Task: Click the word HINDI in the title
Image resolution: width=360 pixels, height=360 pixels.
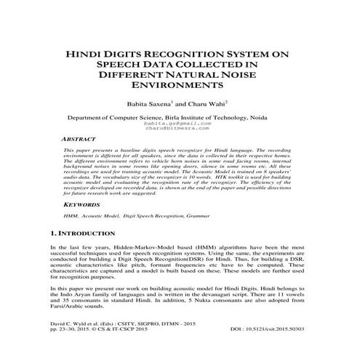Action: pos(86,53)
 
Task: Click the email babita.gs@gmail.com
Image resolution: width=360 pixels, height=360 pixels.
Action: pos(179,124)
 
